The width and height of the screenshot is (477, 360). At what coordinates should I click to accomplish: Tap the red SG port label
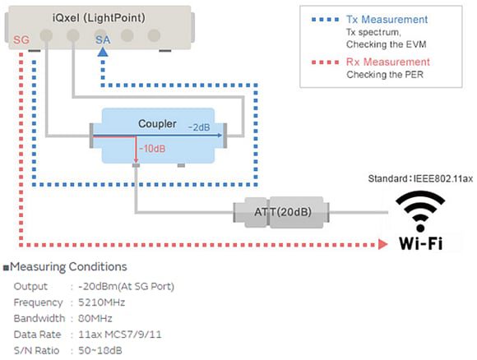point(22,38)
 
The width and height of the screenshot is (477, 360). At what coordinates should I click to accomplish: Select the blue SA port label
point(101,38)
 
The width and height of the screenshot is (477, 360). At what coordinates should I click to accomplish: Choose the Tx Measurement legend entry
point(387,19)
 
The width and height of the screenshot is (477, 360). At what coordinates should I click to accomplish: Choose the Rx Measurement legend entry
point(387,62)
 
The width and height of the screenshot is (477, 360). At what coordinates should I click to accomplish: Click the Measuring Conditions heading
point(68,267)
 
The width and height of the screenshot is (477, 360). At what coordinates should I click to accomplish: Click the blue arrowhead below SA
point(101,52)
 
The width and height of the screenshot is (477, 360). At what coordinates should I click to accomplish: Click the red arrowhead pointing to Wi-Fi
point(383,244)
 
